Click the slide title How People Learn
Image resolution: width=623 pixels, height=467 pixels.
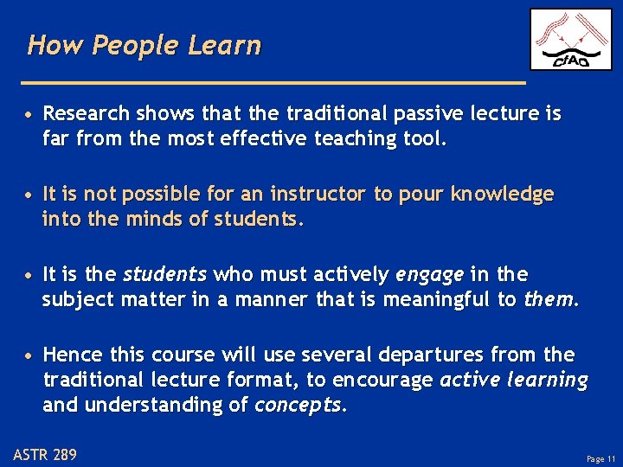coord(144,45)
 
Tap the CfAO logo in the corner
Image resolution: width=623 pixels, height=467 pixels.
coord(570,39)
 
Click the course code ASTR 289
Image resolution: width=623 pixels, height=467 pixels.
coord(45,454)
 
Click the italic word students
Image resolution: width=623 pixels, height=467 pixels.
coord(165,275)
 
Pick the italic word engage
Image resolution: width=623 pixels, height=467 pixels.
coord(428,275)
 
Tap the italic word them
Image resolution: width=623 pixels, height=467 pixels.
coord(549,299)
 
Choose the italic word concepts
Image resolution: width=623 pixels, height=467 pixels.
coord(299,405)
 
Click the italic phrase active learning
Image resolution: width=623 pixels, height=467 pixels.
coord(514,380)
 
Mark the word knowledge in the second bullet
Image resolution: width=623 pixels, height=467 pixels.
coord(502,195)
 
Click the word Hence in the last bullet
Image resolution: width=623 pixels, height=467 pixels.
coord(69,355)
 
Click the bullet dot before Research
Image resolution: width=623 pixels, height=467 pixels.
coord(29,115)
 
